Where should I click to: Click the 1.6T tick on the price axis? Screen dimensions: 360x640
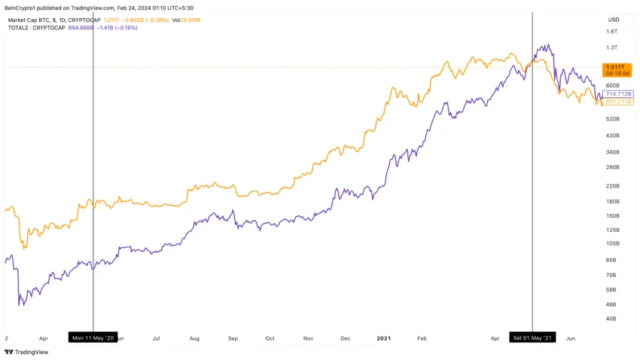coord(611,32)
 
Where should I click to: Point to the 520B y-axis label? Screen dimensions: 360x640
coord(611,119)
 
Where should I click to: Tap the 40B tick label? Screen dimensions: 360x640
coord(612,319)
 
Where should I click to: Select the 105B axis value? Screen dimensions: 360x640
coord(611,244)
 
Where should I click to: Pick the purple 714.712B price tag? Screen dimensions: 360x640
coord(618,93)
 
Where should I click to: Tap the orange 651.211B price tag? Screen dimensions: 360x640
coord(618,102)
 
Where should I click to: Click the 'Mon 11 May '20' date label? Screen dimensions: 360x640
coord(93,338)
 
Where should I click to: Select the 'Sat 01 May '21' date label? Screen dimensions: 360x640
coord(532,338)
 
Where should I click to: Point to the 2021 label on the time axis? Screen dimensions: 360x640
coord(384,339)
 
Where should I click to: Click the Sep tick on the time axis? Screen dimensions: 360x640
coord(233,339)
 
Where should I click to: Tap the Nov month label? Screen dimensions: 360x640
coord(308,339)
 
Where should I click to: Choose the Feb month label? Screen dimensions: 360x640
coord(422,339)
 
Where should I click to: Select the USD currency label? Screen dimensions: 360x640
coord(613,20)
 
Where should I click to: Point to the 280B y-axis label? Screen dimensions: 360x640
coord(611,167)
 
